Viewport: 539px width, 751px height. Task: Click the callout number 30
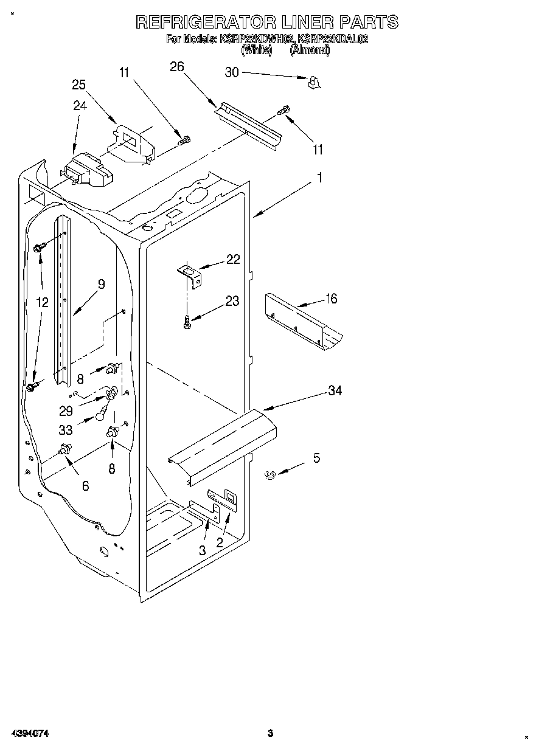pyautogui.click(x=232, y=72)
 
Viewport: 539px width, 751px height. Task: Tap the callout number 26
pyautogui.click(x=176, y=67)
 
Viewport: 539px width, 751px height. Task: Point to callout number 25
pyautogui.click(x=79, y=85)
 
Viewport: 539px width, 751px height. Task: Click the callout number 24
pyautogui.click(x=80, y=105)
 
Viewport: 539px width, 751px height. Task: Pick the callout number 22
pyautogui.click(x=233, y=260)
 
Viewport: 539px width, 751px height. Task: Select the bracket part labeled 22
pyautogui.click(x=190, y=274)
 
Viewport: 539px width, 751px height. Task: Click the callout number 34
pyautogui.click(x=335, y=390)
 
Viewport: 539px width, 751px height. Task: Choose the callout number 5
pyautogui.click(x=316, y=458)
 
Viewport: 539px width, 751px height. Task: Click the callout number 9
pyautogui.click(x=101, y=283)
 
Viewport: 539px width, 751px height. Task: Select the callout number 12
pyautogui.click(x=42, y=302)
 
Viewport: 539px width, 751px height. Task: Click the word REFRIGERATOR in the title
pyautogui.click(x=205, y=22)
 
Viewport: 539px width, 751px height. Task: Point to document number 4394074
pyautogui.click(x=29, y=733)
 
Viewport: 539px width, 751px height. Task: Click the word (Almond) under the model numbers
pyautogui.click(x=310, y=50)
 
